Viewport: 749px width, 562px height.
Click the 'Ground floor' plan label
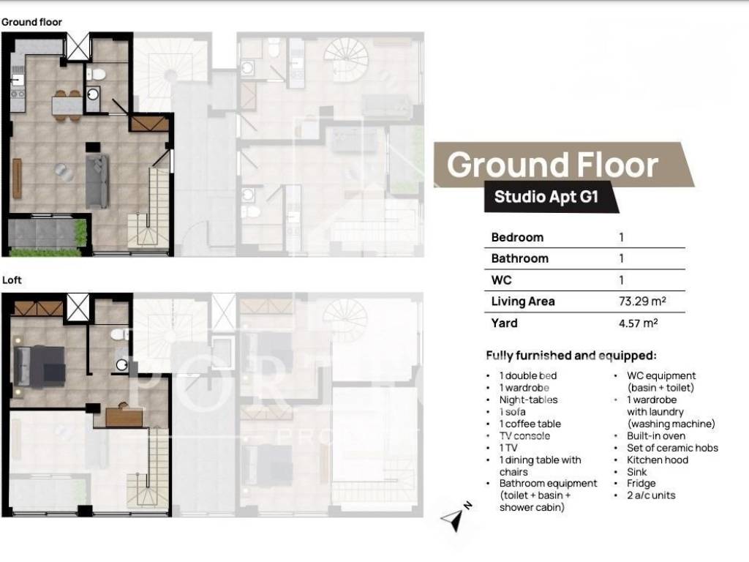click(31, 22)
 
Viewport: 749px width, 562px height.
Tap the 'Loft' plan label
click(12, 280)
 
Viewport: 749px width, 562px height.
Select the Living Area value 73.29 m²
click(642, 301)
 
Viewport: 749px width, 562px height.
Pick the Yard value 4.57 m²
click(638, 323)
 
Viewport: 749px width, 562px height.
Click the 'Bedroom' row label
click(517, 237)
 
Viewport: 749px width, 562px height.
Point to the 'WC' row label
click(501, 280)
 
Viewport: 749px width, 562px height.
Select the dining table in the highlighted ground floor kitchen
click(67, 105)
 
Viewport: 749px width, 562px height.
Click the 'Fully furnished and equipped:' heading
click(571, 356)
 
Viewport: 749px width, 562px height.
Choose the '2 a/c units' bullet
click(651, 495)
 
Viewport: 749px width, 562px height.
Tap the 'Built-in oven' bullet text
click(656, 436)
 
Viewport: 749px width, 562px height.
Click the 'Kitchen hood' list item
click(658, 460)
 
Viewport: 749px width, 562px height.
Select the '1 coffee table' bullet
click(530, 424)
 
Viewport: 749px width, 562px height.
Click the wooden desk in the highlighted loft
click(124, 417)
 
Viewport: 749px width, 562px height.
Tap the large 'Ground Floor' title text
click(553, 165)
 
